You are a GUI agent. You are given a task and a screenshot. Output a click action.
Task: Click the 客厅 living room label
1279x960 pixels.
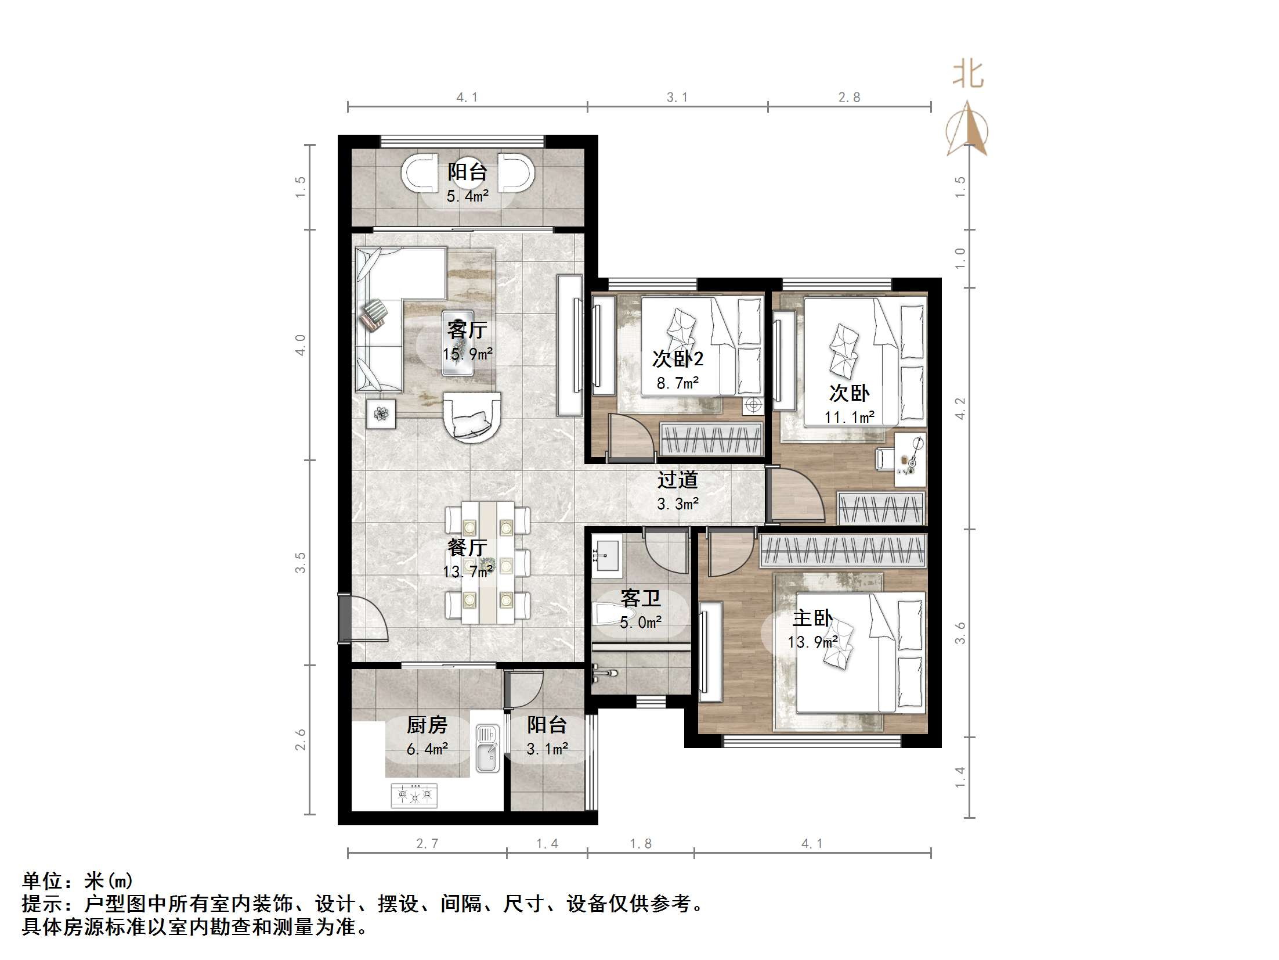click(x=467, y=330)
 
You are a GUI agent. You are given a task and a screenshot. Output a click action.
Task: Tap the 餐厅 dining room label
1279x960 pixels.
click(x=467, y=548)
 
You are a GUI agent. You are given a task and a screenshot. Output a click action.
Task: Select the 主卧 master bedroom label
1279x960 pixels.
click(x=812, y=618)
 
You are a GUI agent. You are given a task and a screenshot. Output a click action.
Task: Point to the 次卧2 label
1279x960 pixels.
click(x=678, y=358)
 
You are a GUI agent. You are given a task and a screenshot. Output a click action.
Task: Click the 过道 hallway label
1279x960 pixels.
click(x=677, y=480)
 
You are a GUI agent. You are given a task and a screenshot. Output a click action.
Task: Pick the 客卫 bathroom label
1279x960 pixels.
click(x=641, y=598)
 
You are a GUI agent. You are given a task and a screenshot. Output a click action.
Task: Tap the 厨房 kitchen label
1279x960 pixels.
click(x=427, y=725)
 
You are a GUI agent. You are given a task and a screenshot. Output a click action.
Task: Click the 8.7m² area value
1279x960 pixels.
click(x=678, y=383)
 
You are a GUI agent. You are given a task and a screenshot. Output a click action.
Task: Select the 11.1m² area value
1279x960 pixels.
click(x=850, y=417)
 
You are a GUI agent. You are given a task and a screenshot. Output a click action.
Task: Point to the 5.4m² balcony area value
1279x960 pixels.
click(x=467, y=196)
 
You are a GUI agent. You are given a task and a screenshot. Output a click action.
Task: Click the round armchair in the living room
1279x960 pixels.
click(x=472, y=417)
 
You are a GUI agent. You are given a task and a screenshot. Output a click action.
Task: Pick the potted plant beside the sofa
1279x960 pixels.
click(x=381, y=414)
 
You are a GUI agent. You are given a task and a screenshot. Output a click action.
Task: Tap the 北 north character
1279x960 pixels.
click(x=968, y=75)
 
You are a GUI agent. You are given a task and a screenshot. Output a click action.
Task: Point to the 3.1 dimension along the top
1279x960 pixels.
click(x=677, y=98)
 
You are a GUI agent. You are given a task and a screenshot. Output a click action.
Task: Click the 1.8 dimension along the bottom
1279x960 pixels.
click(x=641, y=843)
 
